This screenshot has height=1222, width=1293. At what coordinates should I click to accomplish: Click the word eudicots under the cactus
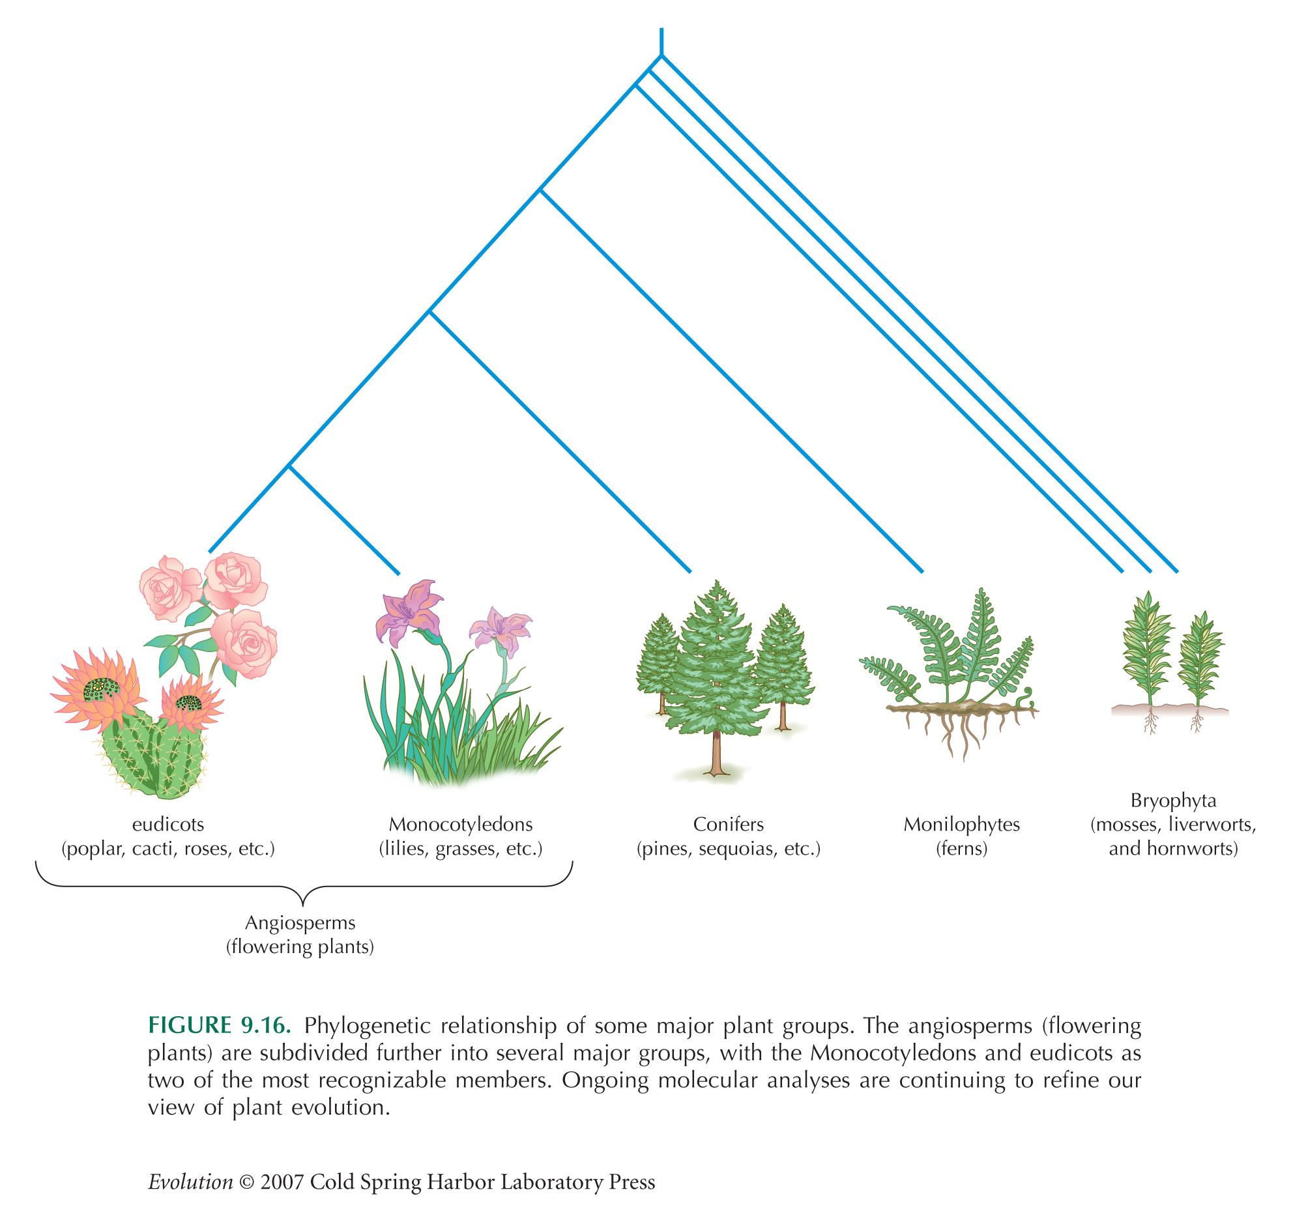click(x=168, y=825)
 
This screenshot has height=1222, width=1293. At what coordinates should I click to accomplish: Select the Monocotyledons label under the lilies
click(x=461, y=825)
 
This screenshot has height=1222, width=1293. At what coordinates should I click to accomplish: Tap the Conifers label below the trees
click(x=728, y=825)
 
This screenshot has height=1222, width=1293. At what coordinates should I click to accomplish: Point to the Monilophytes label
click(x=961, y=825)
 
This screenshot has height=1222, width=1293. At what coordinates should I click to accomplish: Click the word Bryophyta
click(x=1173, y=801)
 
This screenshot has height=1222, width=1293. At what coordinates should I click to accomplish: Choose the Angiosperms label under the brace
click(x=300, y=923)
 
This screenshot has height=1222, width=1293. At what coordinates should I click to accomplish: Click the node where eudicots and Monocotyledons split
click(x=289, y=466)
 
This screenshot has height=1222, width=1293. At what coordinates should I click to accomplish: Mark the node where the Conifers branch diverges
click(x=429, y=313)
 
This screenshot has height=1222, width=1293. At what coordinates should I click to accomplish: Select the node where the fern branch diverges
click(x=540, y=190)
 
